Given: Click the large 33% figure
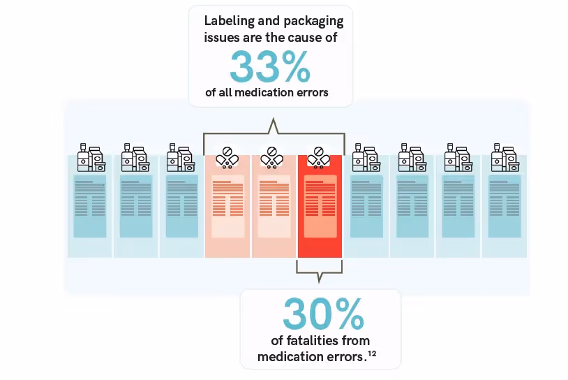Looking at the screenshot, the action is [270, 67].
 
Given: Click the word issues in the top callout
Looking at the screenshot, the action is [222, 38].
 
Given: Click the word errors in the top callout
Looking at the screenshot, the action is [311, 92].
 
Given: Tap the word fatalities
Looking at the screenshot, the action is [313, 341].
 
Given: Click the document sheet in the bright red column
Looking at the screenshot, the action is [320, 206].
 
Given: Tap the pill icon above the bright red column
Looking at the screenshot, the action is [320, 157].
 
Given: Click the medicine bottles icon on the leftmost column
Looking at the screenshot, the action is [91, 158].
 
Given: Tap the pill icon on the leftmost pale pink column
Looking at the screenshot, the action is [227, 157].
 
